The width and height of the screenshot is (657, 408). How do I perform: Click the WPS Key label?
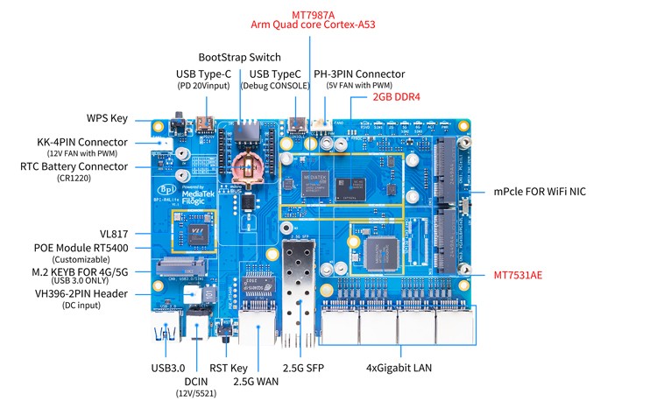coord(107,118)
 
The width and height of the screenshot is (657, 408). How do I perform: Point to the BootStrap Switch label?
coord(239,58)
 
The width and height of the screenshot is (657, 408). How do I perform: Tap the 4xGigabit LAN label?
coord(396,368)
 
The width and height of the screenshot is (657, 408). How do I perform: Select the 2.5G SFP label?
coord(302,368)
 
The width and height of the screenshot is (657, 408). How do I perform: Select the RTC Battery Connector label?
coord(74,166)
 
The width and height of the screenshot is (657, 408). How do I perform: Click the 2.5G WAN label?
coord(257,382)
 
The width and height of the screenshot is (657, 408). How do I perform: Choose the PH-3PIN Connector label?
coord(359,74)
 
